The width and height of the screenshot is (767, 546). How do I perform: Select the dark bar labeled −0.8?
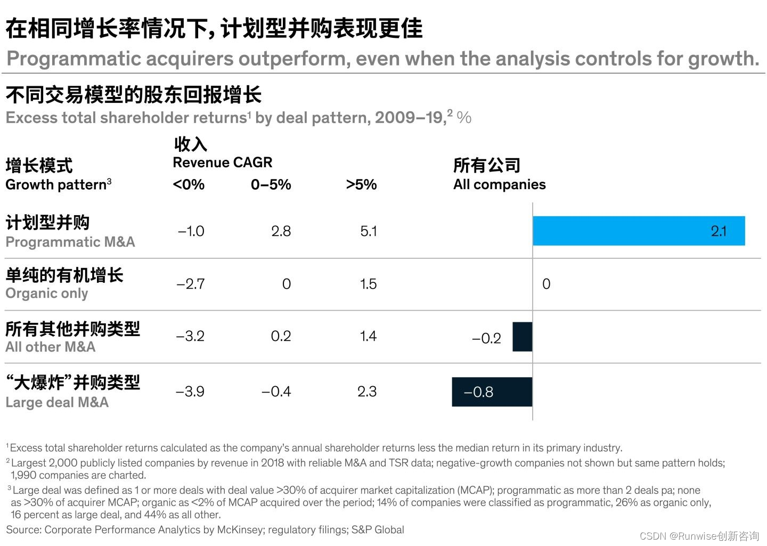point(492,392)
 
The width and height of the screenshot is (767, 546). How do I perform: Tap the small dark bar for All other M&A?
point(522,337)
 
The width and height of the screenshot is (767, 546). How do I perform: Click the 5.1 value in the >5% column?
point(368,231)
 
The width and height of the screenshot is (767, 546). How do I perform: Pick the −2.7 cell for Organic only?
point(190,284)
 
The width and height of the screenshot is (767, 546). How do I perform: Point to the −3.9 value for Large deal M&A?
point(190,392)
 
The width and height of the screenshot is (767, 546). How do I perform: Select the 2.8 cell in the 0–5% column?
point(281,231)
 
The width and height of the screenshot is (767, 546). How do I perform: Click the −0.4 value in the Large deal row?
point(276,392)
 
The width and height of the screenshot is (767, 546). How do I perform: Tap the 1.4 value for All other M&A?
point(368,336)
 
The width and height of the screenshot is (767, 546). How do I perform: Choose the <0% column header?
point(189,185)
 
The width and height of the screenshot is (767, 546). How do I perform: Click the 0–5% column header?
point(271,185)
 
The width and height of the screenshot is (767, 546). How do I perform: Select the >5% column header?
point(361,185)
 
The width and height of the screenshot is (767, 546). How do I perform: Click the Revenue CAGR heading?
point(222,162)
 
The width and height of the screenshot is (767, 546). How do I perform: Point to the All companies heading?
point(499,184)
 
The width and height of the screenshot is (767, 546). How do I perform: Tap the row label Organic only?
point(47,294)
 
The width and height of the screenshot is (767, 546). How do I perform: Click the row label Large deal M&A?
point(57,402)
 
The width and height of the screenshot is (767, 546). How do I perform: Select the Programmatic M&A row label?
point(70,242)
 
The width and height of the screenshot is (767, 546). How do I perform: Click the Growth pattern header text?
point(56,185)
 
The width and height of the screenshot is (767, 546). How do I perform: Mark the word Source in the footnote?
point(23,529)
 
